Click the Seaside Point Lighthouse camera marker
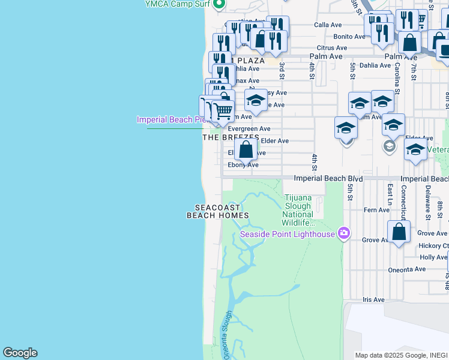343,233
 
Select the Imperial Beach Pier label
172,119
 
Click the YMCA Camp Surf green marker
218,4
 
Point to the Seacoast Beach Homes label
213,211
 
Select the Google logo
20,353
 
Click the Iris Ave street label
373,299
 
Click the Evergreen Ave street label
249,129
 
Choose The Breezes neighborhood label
231,137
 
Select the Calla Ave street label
328,25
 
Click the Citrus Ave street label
332,47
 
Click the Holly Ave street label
433,257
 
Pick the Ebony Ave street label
243,165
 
